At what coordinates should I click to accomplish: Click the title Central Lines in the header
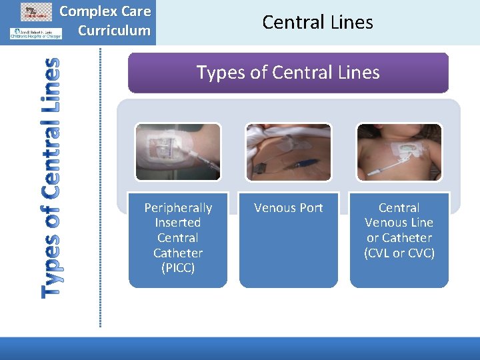[317, 22]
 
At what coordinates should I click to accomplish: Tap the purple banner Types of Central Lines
[288, 72]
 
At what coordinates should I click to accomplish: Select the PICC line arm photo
[177, 152]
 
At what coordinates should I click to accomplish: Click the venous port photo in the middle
[288, 152]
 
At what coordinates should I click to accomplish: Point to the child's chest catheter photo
[399, 152]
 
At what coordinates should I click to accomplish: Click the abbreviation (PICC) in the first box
[177, 268]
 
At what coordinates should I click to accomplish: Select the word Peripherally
[178, 208]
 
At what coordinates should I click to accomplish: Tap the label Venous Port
[288, 208]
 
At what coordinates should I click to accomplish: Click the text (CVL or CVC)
[399, 253]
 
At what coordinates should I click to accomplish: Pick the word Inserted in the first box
[177, 223]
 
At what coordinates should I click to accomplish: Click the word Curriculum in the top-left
[114, 30]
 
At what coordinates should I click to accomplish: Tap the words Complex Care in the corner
[105, 11]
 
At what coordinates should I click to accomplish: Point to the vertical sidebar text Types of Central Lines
[50, 177]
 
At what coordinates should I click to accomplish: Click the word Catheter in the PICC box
[177, 253]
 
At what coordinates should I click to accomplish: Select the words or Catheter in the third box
[399, 237]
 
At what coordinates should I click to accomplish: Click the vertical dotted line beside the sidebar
[101, 187]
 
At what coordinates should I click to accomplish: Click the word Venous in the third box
[399, 223]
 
